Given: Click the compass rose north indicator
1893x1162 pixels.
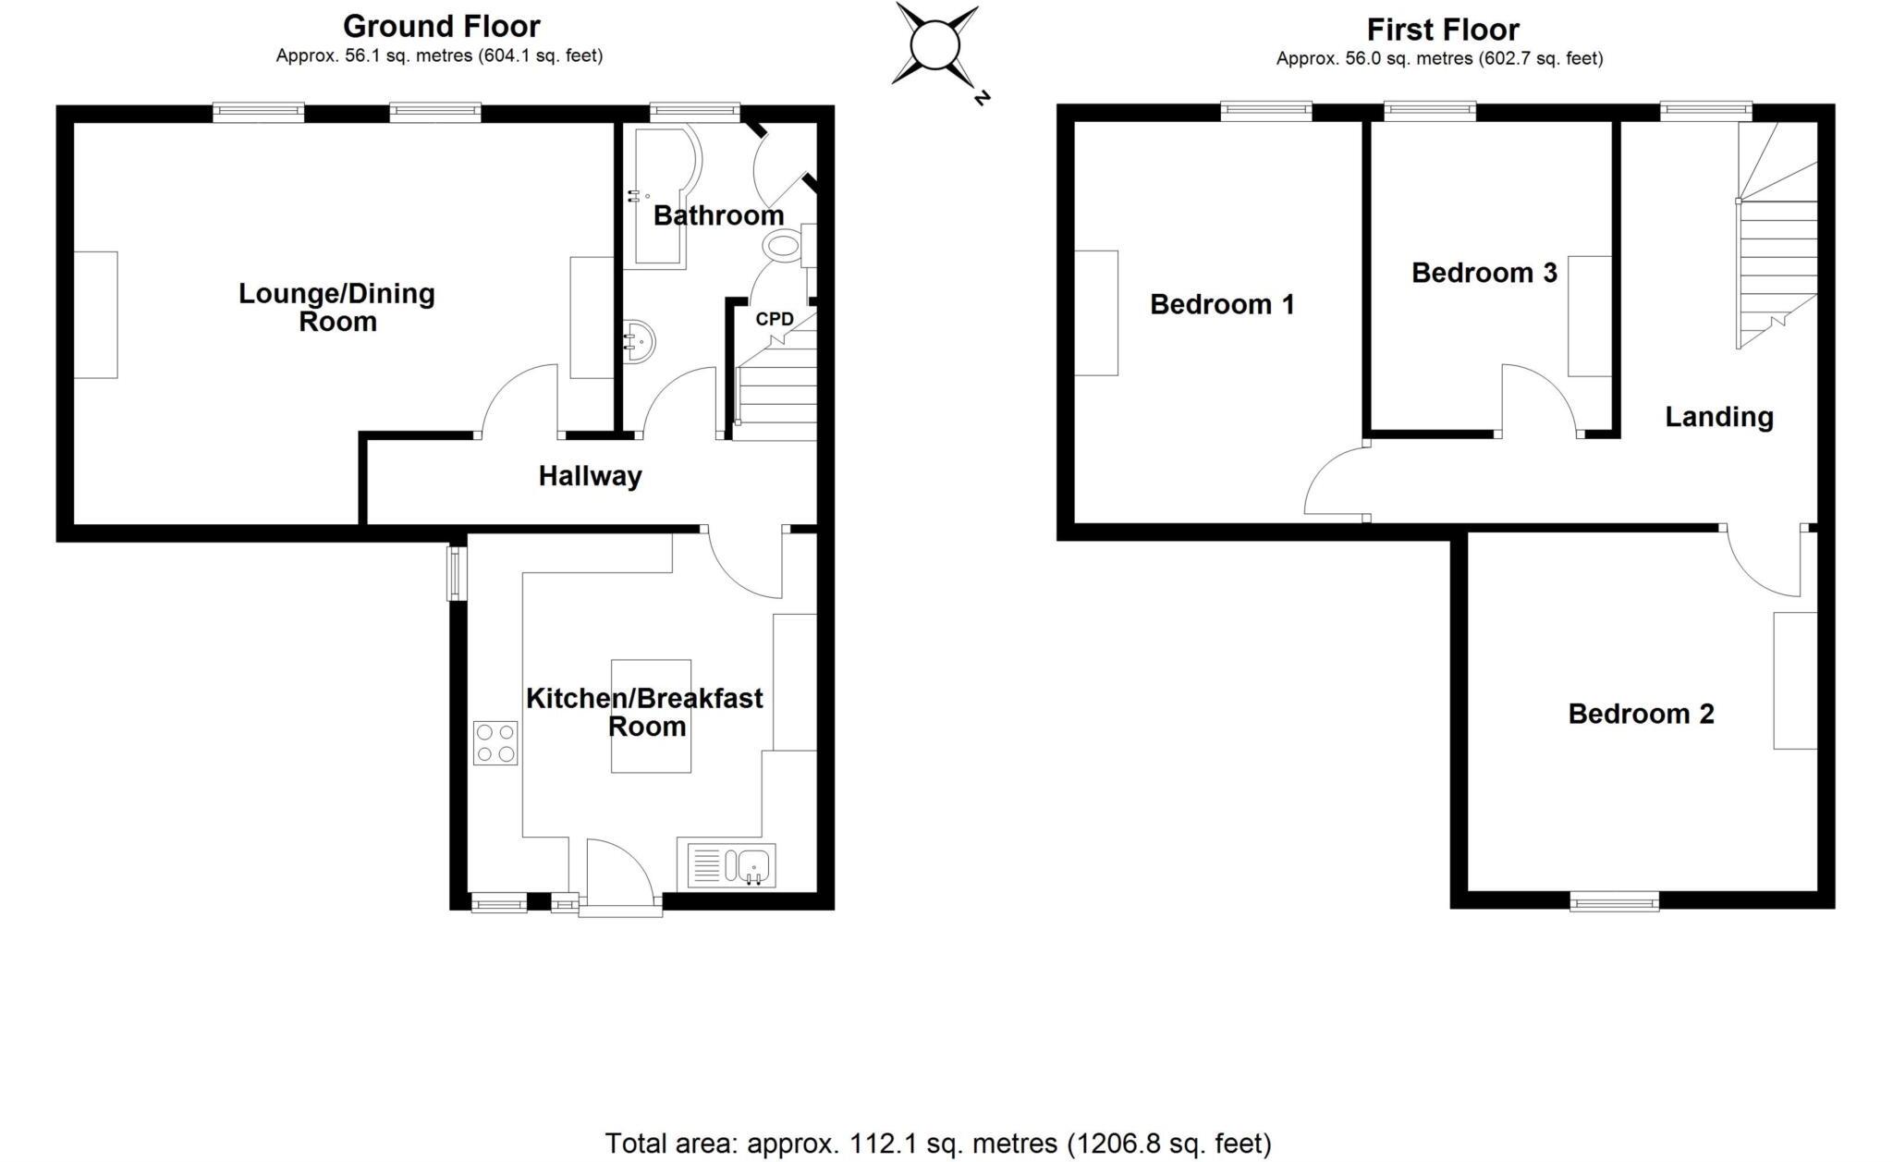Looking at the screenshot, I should tap(981, 97).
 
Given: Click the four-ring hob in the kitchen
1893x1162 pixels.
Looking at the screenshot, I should tap(495, 743).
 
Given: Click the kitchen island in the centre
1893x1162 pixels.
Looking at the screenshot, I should tap(651, 716).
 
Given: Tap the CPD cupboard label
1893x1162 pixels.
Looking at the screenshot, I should tap(775, 319).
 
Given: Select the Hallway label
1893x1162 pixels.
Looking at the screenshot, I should tap(590, 476).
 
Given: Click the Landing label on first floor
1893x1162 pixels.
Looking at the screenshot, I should tap(1719, 417).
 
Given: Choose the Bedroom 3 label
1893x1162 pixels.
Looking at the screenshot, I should tap(1484, 273).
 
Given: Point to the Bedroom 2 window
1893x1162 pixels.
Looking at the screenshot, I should tap(1614, 900).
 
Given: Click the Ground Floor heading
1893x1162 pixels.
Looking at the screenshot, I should tap(441, 26).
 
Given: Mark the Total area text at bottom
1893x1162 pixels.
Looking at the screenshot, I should tap(937, 1144).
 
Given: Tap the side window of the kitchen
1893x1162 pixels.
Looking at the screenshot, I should tap(456, 573).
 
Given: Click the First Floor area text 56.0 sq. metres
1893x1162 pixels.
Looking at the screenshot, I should tap(1439, 59).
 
